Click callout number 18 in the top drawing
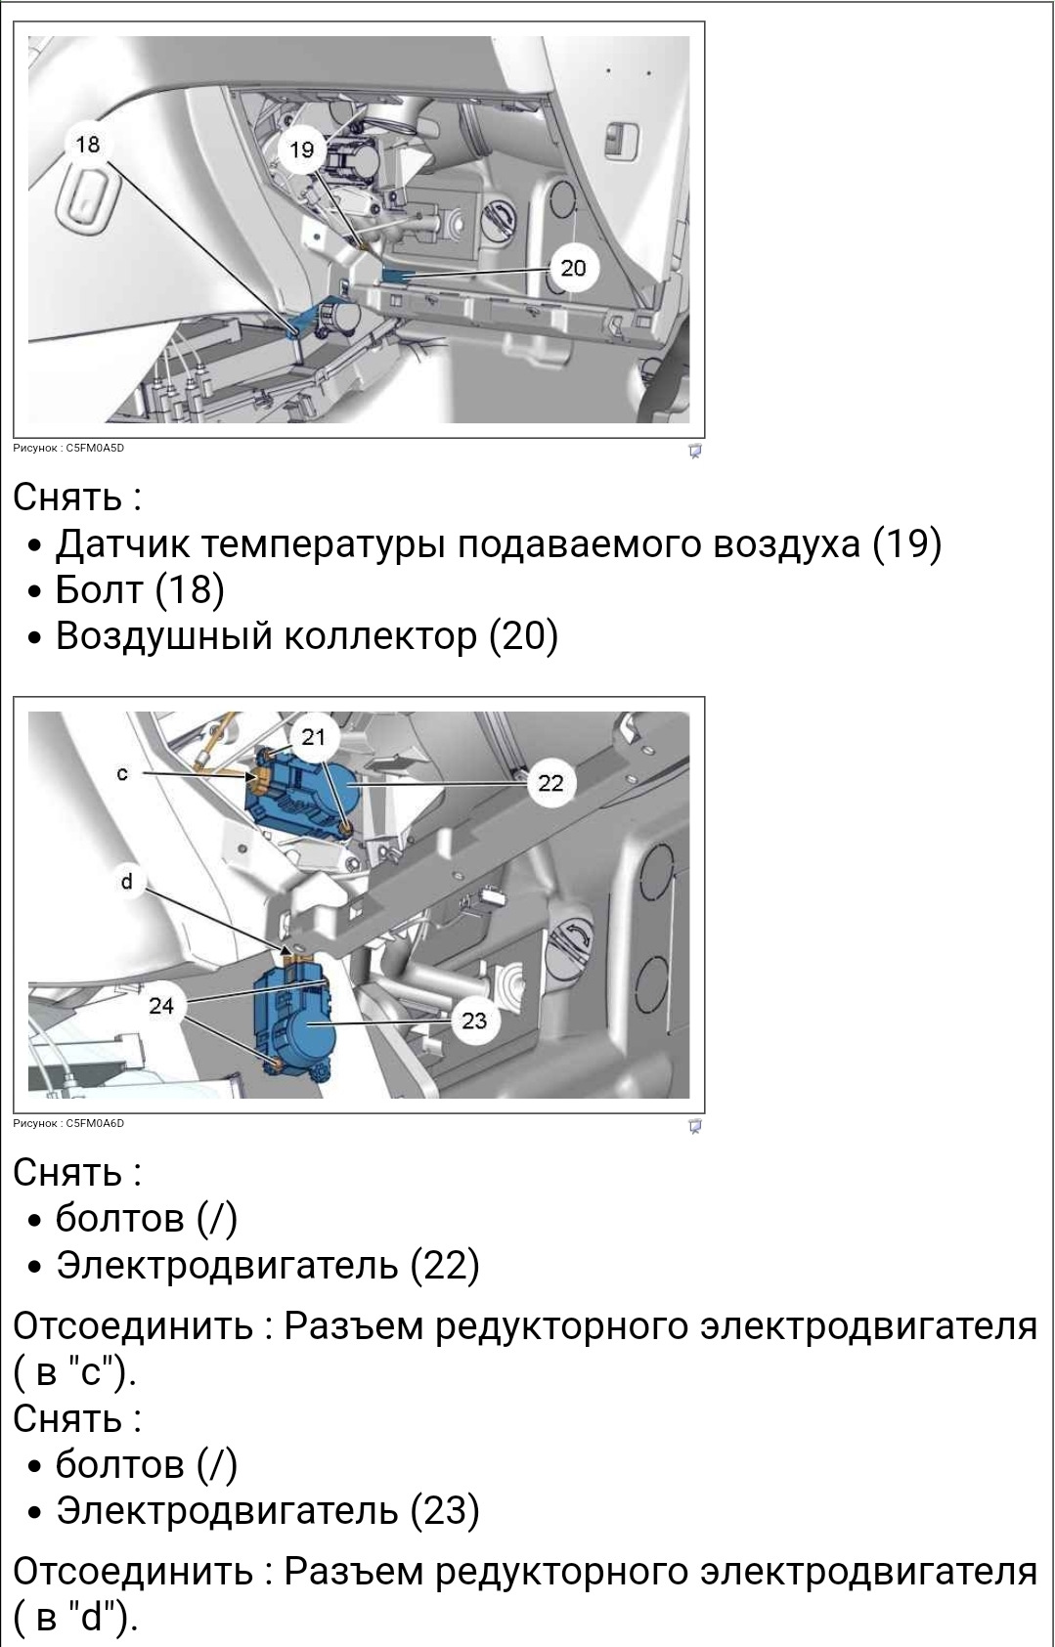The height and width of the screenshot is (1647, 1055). [87, 145]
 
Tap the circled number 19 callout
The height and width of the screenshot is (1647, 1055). [301, 150]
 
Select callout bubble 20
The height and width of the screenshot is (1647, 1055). [573, 268]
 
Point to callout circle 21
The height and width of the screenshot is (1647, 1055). [313, 737]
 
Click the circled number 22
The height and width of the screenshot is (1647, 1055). [550, 783]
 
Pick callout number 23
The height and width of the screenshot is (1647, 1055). [474, 1021]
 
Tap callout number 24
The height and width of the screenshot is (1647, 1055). [161, 1006]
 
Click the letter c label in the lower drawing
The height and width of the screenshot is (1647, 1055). [122, 773]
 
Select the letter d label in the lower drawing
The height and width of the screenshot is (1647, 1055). [126, 882]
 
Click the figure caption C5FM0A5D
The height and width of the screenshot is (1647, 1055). [68, 449]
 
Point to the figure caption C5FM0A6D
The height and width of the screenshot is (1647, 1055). [68, 1124]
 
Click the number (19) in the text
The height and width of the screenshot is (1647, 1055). [906, 543]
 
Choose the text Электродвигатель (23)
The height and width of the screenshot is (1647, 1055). [267, 1510]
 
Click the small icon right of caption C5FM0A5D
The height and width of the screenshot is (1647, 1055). [695, 451]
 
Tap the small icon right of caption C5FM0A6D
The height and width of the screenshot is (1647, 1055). [695, 1126]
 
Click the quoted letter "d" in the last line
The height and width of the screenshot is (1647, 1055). [93, 1618]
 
